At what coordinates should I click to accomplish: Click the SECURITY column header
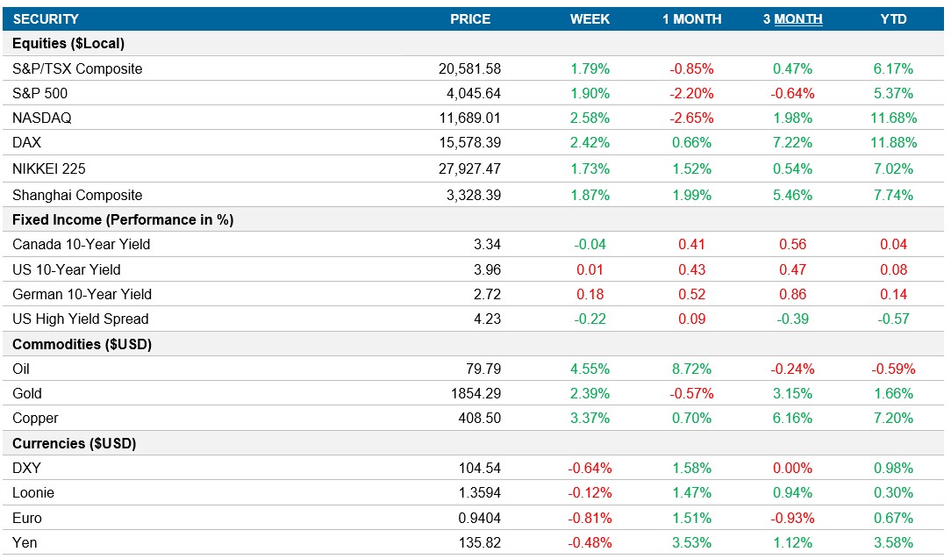[46, 18]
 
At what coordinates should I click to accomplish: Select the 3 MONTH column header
[792, 18]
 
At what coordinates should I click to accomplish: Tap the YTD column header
[893, 18]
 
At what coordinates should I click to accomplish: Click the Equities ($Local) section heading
[68, 43]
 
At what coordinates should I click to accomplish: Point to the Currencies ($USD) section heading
[75, 443]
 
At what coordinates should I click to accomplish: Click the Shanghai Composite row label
[77, 195]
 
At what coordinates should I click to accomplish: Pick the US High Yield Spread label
[81, 319]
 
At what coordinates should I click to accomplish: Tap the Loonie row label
[34, 493]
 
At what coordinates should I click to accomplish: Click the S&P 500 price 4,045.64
[469, 93]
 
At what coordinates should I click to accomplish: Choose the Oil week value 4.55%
[590, 369]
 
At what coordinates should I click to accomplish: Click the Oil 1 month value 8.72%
[691, 369]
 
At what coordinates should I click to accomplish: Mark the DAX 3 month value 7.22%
[792, 142]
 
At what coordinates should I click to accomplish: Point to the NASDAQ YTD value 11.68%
[893, 118]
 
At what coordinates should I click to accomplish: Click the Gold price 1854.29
[473, 393]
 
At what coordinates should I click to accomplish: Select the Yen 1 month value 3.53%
[691, 542]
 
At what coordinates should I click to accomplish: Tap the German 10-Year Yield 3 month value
[792, 294]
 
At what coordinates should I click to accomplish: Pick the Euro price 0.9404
[478, 518]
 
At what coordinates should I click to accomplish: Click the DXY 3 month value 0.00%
[792, 469]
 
